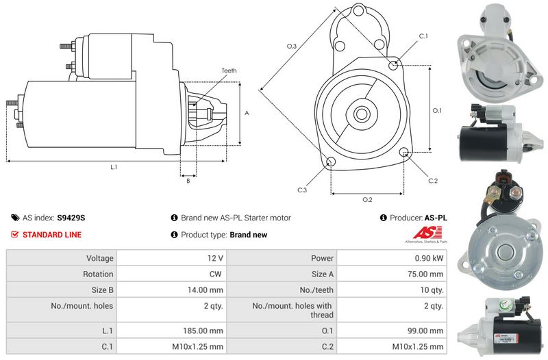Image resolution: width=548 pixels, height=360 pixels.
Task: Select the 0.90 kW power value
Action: click(x=429, y=258)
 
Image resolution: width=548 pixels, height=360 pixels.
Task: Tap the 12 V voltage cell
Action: click(x=214, y=258)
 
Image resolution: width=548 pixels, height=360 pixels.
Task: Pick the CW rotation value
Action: click(x=216, y=274)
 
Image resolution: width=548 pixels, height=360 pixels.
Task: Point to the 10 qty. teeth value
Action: click(x=430, y=290)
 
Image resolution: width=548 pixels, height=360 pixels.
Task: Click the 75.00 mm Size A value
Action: click(x=425, y=274)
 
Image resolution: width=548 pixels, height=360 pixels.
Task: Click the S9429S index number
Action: click(x=71, y=218)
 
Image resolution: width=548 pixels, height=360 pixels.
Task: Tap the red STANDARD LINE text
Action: click(x=52, y=235)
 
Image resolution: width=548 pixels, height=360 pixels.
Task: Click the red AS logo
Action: click(x=423, y=233)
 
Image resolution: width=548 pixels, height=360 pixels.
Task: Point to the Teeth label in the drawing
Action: click(x=229, y=70)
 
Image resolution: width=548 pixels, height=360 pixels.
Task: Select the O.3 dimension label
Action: click(x=291, y=46)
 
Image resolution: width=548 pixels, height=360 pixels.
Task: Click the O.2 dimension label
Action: click(x=366, y=199)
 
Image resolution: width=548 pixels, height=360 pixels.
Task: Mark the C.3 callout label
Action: click(x=302, y=190)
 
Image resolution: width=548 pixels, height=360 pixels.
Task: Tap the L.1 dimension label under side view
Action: click(x=114, y=167)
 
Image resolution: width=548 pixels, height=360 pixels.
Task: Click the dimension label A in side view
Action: click(x=247, y=113)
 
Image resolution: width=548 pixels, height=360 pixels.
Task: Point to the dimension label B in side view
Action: click(x=188, y=181)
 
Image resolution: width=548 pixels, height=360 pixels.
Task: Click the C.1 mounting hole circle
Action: click(x=393, y=65)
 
